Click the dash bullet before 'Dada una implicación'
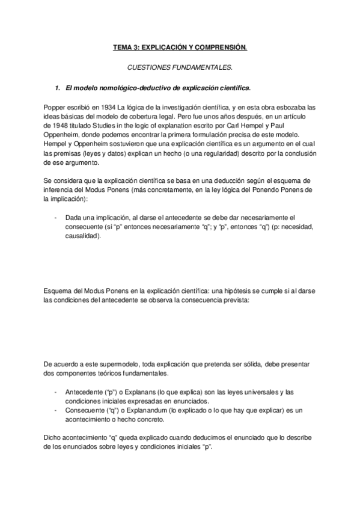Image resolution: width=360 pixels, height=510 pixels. (x=55, y=217)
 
